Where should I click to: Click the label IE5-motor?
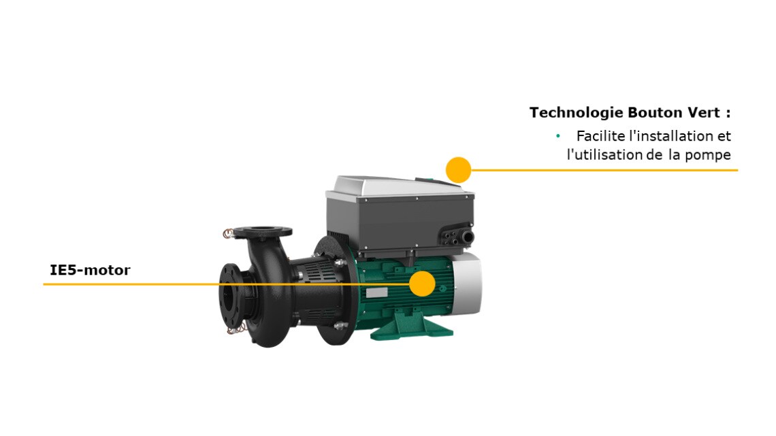pyautogui.click(x=90, y=270)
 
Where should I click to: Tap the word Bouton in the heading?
pyautogui.click(x=653, y=113)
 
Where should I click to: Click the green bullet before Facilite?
pyautogui.click(x=558, y=135)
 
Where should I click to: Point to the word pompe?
pyautogui.click(x=708, y=155)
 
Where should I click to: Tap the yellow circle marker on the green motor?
pyautogui.click(x=422, y=284)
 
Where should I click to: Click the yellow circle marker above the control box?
pyautogui.click(x=458, y=170)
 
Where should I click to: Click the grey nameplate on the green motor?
pyautogui.click(x=376, y=292)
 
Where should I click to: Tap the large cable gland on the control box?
pyautogui.click(x=467, y=237)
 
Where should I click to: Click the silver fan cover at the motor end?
pyautogui.click(x=468, y=284)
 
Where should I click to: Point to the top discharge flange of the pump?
pyautogui.click(x=263, y=231)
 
